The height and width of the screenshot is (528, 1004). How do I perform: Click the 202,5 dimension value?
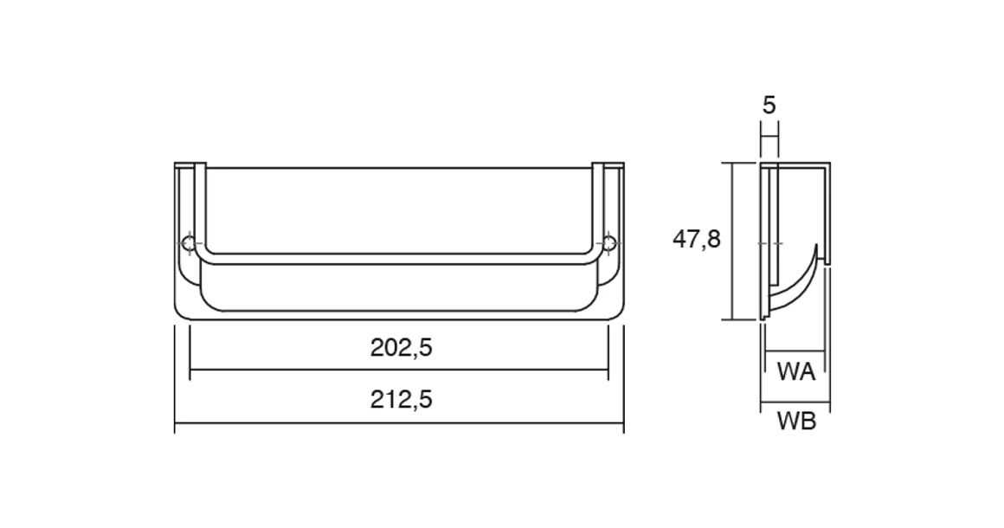tap(401, 348)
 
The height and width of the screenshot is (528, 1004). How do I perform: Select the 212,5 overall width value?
tap(401, 400)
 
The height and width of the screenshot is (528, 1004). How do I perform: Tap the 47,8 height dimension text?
tap(697, 239)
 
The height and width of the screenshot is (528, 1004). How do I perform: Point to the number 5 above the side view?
tap(769, 106)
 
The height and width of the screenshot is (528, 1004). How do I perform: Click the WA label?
tap(796, 372)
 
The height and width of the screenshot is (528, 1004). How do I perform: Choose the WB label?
tap(796, 422)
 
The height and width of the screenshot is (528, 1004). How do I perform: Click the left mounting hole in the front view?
tap(190, 243)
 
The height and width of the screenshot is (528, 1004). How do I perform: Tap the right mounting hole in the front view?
tap(609, 243)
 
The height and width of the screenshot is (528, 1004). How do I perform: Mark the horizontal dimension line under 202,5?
tap(398, 370)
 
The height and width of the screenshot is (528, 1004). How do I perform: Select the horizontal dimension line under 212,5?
tap(398, 424)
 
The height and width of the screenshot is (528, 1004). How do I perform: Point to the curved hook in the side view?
tap(801, 281)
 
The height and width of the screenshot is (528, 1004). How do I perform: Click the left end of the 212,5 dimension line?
tap(176, 424)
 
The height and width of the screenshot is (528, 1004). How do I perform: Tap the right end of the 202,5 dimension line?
tap(608, 370)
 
